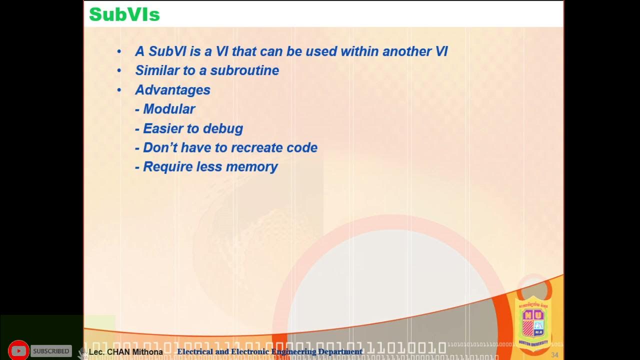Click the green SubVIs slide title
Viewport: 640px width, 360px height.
pyautogui.click(x=124, y=15)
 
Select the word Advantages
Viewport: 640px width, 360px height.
pyautogui.click(x=172, y=90)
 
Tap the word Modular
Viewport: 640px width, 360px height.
pyautogui.click(x=169, y=109)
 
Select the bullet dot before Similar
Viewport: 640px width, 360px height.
pyautogui.click(x=119, y=70)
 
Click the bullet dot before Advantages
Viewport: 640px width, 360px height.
pyautogui.click(x=119, y=90)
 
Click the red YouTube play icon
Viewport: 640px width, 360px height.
pyautogui.click(x=18, y=351)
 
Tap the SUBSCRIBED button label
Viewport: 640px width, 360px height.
pyautogui.click(x=51, y=351)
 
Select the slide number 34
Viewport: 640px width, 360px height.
pyautogui.click(x=554, y=355)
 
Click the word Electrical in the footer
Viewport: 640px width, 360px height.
pyautogui.click(x=194, y=352)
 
